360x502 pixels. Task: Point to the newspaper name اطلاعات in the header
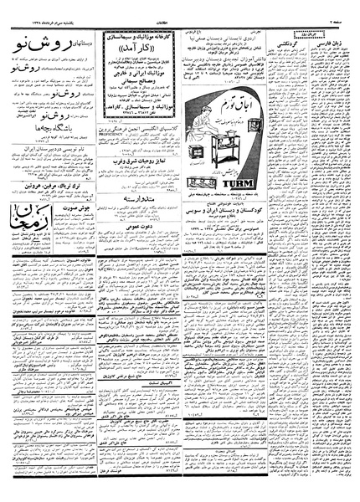click(179, 11)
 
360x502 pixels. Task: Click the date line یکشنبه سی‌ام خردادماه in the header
click(50, 11)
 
